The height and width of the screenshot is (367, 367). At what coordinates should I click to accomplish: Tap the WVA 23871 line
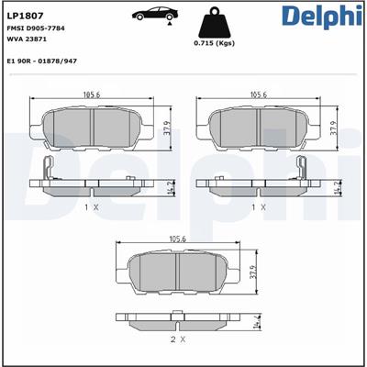(27, 42)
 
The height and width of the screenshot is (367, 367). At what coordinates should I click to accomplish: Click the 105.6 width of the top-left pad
(90, 95)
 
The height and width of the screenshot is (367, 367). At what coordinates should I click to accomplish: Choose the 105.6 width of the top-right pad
(258, 95)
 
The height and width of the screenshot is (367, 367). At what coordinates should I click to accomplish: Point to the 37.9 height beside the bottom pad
(253, 272)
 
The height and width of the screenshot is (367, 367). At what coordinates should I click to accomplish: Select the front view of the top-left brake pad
(90, 128)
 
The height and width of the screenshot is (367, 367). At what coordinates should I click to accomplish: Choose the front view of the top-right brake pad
(258, 128)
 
